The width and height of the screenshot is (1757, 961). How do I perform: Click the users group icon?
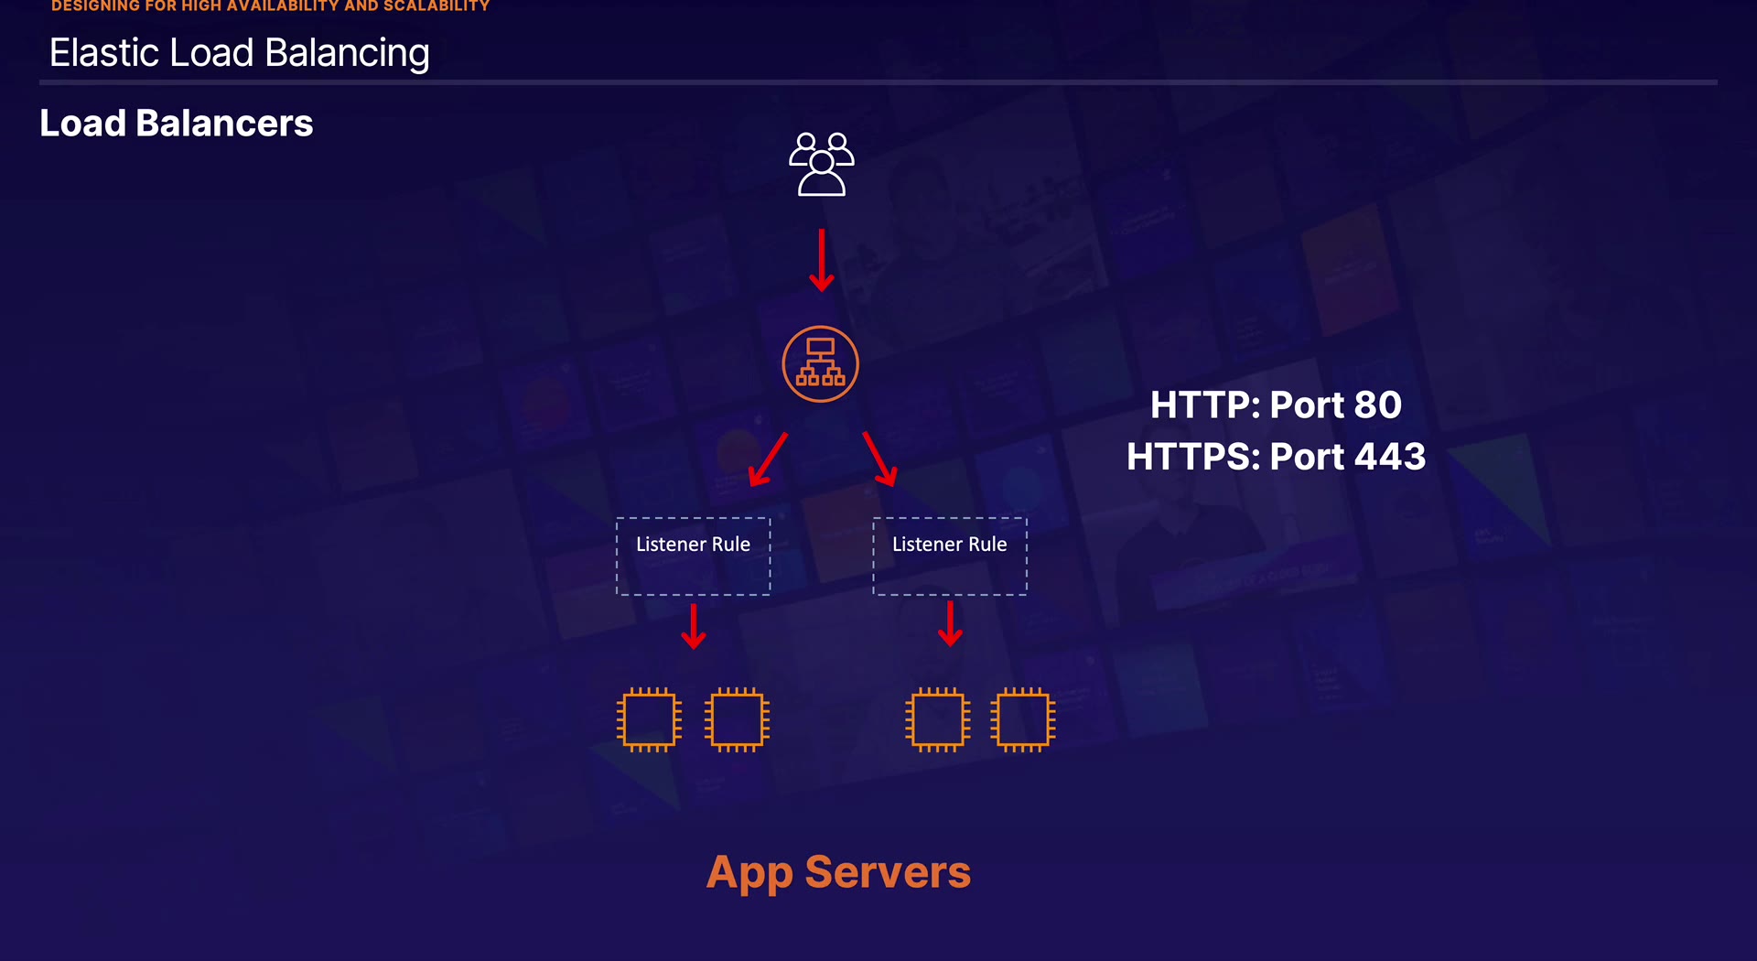pyautogui.click(x=821, y=165)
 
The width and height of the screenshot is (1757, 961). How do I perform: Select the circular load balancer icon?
pyautogui.click(x=820, y=364)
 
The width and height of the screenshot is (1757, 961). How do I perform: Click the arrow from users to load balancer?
pyautogui.click(x=821, y=260)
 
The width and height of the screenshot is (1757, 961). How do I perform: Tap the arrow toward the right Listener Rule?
pyautogui.click(x=879, y=459)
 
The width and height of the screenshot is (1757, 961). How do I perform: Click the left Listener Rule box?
pyautogui.click(x=693, y=556)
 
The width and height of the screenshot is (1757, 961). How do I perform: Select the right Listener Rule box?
pyautogui.click(x=949, y=556)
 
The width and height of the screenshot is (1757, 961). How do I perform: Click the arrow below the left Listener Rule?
pyautogui.click(x=694, y=625)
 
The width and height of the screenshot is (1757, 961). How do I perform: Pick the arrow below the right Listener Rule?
pyautogui.click(x=950, y=623)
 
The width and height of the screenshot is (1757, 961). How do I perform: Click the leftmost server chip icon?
pyautogui.click(x=649, y=719)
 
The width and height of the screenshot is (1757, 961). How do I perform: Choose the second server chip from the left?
pyautogui.click(x=737, y=719)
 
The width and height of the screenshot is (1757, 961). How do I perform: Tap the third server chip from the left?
pyautogui.click(x=937, y=719)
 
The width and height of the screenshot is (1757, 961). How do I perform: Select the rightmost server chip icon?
pyautogui.click(x=1023, y=719)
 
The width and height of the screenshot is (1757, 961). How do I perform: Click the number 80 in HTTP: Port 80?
pyautogui.click(x=1377, y=405)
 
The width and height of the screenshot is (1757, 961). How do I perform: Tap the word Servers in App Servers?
pyautogui.click(x=887, y=872)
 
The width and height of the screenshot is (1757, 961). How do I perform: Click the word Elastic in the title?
pyautogui.click(x=104, y=53)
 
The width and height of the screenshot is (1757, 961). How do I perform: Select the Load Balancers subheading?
pyautogui.click(x=177, y=124)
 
